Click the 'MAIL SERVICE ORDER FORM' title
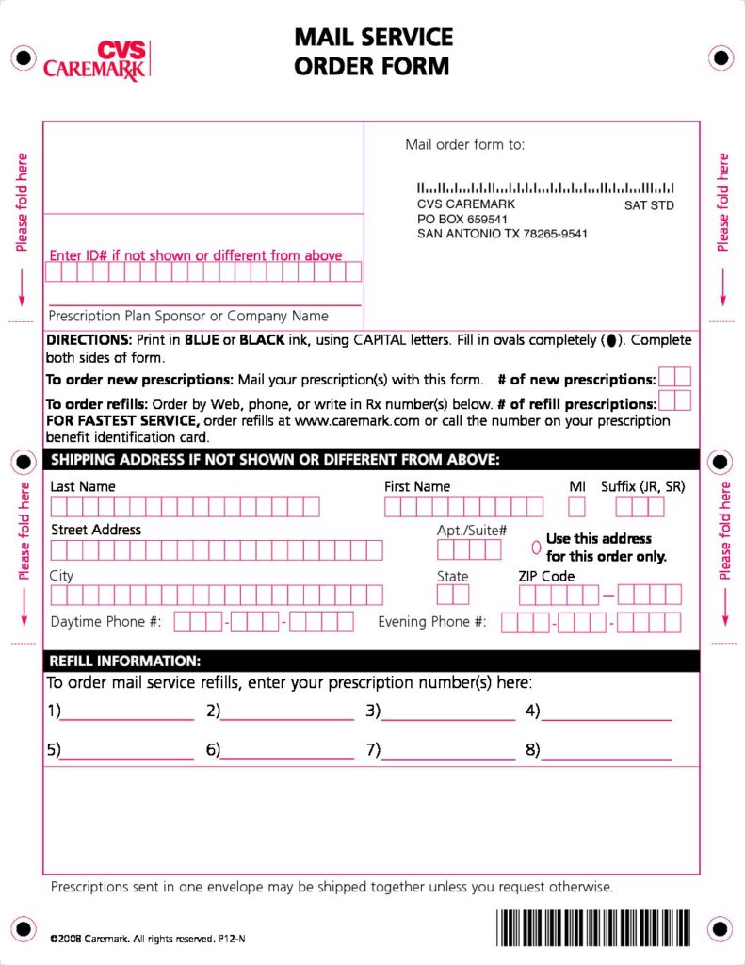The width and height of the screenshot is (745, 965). tap(373, 52)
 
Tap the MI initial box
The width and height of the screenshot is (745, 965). tap(576, 507)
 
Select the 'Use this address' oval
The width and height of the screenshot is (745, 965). tap(536, 547)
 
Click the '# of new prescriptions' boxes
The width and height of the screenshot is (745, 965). tap(674, 377)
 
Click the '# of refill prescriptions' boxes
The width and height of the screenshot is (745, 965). tap(674, 401)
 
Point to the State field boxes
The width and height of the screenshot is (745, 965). tap(453, 595)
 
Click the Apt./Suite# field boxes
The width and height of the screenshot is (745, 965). tap(469, 550)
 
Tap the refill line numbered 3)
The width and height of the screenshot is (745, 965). tap(448, 712)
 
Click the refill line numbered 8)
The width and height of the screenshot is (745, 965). tap(607, 752)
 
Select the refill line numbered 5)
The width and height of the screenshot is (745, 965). tap(127, 752)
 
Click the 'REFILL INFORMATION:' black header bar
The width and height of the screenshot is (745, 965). tap(371, 662)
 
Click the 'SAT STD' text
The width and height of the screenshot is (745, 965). tap(649, 205)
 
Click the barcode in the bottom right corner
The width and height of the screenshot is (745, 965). tap(593, 927)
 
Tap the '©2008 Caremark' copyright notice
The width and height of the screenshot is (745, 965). tap(148, 939)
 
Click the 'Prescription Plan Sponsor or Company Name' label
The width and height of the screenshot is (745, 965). tap(188, 317)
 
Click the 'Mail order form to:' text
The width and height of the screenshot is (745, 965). tap(465, 145)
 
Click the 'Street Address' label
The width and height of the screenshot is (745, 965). tap(96, 530)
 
